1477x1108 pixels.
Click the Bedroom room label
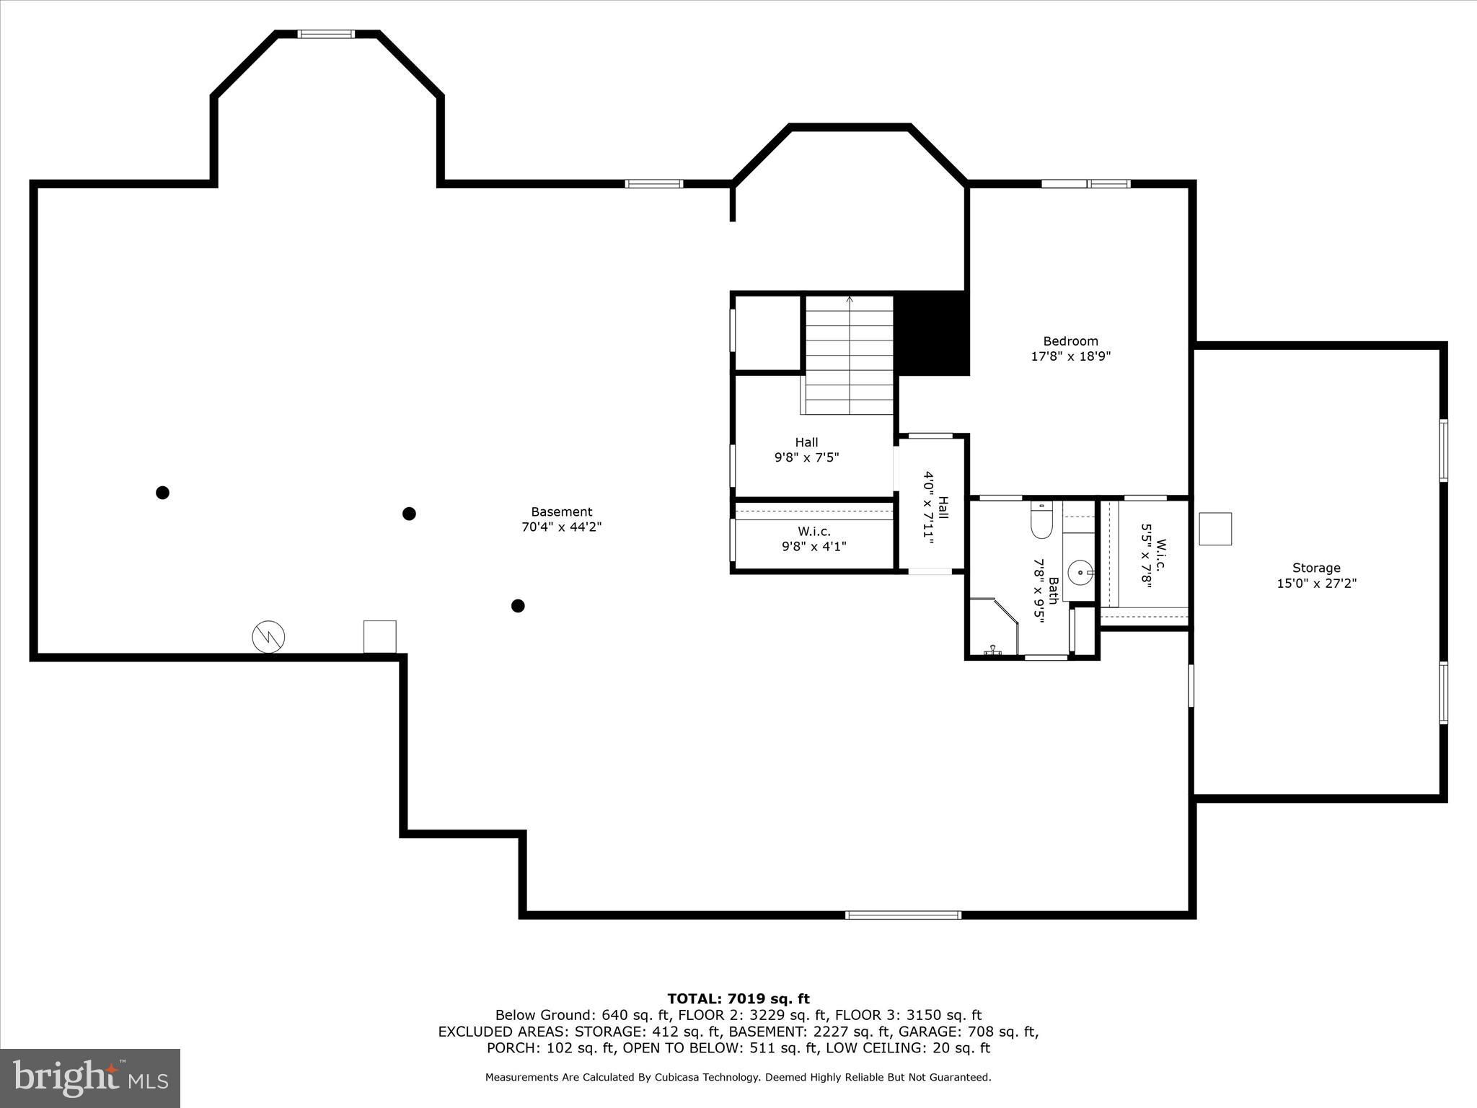[1070, 341]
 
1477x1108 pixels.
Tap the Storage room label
[1316, 568]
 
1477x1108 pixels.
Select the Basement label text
[561, 512]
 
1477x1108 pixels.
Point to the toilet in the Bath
[1041, 519]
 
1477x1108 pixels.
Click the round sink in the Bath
[1080, 573]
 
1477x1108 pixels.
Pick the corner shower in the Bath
[994, 626]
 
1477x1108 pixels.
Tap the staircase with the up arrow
[850, 355]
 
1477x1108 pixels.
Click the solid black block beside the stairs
[932, 334]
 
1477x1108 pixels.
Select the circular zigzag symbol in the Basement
[268, 637]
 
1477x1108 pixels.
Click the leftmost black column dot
[162, 493]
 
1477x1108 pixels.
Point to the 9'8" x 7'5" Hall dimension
[806, 457]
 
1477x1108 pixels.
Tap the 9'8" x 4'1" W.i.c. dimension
[814, 547]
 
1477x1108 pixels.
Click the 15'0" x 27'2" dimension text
[1316, 584]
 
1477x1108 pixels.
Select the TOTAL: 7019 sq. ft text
[738, 999]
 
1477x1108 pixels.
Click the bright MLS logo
[90, 1078]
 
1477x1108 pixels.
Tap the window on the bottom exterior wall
[903, 915]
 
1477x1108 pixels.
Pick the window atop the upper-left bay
[326, 34]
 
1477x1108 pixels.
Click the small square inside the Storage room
[1215, 529]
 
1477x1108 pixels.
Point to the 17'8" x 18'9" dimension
[1070, 356]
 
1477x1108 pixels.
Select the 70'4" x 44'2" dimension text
[561, 527]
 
